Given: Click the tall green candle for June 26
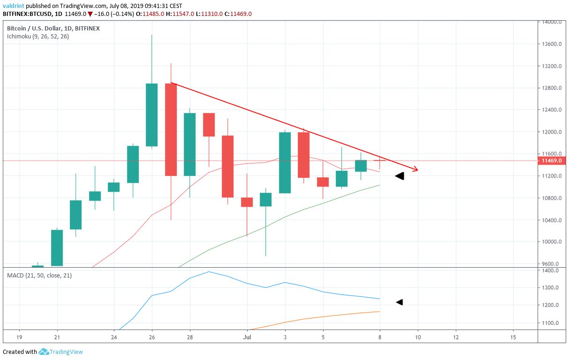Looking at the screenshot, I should [x=151, y=115].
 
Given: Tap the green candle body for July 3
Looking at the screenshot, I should [x=285, y=163].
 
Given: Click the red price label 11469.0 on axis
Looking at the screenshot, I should [x=551, y=161].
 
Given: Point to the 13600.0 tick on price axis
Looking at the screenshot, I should [x=551, y=44].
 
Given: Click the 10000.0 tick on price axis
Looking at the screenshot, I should [x=551, y=242].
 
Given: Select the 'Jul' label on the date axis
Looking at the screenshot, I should [x=248, y=337].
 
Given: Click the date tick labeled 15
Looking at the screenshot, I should [x=513, y=337].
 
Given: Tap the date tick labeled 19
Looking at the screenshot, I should [x=19, y=337].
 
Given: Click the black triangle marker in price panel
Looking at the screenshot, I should [x=399, y=176].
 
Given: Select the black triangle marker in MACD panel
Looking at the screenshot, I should [x=399, y=302].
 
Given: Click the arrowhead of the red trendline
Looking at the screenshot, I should [x=415, y=169].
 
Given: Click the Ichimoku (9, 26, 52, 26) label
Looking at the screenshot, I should [x=37, y=36].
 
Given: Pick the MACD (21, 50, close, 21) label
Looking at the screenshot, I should [x=39, y=275].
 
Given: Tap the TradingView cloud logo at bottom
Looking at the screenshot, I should [x=44, y=352].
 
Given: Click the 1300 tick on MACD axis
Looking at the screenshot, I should [x=549, y=288].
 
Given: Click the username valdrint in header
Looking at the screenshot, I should [x=13, y=6].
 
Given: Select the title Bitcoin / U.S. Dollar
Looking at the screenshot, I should [x=33, y=29].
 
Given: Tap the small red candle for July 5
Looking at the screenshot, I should [x=323, y=182].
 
